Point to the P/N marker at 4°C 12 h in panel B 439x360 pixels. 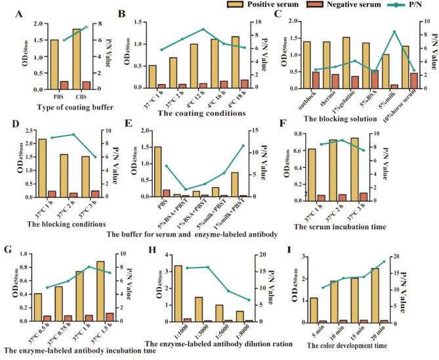coord(203,30)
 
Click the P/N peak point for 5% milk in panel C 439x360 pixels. coord(394,32)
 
